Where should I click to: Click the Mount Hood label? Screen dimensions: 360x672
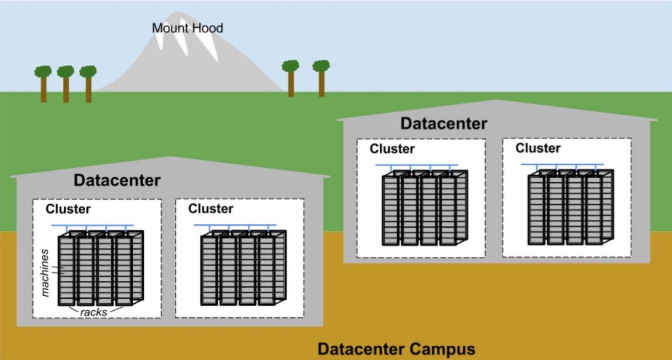[187, 28]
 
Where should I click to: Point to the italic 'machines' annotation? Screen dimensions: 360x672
[45, 272]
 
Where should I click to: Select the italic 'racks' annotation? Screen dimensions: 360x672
[94, 312]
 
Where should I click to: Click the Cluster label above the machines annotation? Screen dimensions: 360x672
[68, 209]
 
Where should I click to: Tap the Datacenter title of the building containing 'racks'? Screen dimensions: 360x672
[117, 180]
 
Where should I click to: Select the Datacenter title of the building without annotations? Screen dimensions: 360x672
[443, 124]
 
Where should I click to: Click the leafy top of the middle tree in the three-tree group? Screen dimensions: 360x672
[65, 71]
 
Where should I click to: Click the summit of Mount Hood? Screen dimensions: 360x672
[175, 14]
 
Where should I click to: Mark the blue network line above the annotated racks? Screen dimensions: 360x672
[92, 225]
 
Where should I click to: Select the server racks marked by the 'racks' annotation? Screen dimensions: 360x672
[100, 269]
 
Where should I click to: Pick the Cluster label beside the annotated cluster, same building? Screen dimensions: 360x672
[210, 209]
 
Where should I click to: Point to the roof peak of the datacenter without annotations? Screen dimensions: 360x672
[497, 101]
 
